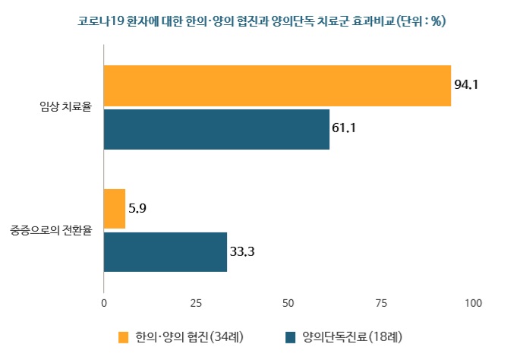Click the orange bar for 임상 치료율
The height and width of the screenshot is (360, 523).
click(x=277, y=86)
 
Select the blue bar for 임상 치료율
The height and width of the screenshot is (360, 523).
click(x=216, y=129)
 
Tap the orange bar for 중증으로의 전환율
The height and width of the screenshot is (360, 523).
click(x=115, y=208)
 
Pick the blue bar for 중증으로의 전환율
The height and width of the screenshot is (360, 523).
click(x=165, y=251)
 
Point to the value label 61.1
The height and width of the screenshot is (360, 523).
click(x=344, y=128)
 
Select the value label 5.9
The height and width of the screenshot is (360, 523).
click(x=138, y=208)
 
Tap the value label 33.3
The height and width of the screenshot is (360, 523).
click(x=241, y=251)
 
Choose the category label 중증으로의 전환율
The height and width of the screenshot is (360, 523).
click(x=51, y=229)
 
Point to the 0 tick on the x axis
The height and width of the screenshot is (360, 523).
click(x=104, y=304)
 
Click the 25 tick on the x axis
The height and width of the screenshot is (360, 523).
click(x=196, y=304)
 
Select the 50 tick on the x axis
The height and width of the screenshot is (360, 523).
click(x=288, y=304)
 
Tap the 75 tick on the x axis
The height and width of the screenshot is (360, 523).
click(x=381, y=304)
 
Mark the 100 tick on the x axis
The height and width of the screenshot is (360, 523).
click(x=473, y=304)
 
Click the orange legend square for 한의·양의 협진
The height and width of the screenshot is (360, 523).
click(x=124, y=336)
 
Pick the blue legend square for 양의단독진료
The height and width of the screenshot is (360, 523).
click(x=290, y=336)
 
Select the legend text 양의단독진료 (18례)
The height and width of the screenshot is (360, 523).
click(x=351, y=336)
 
